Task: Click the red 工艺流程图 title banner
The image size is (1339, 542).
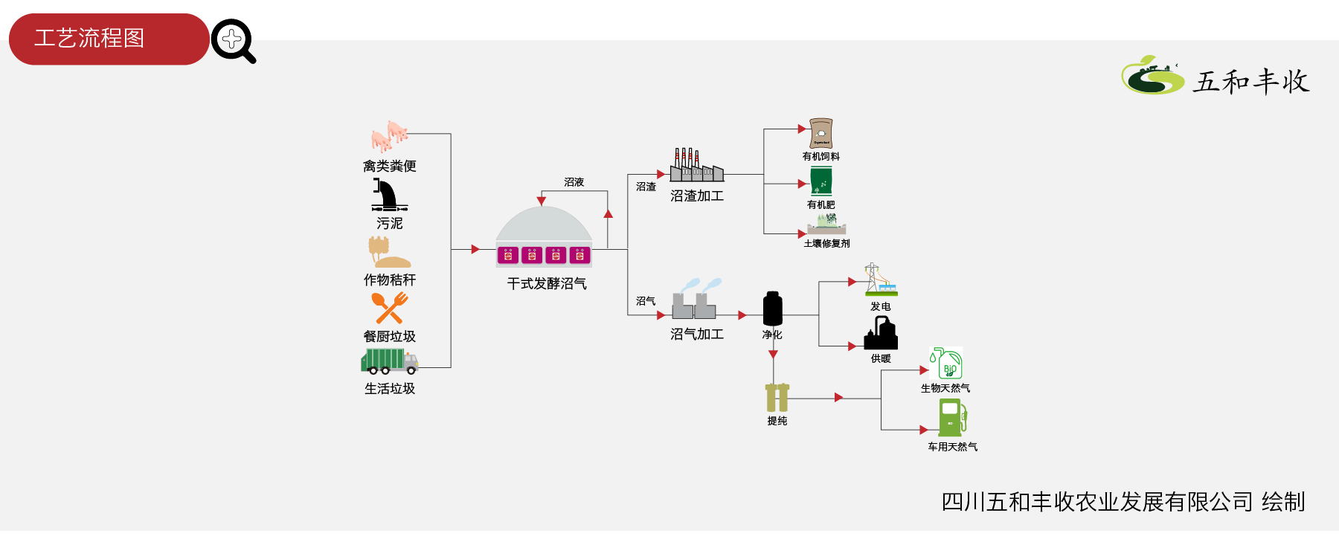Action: coord(109,39)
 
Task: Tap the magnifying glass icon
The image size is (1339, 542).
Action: coord(233,41)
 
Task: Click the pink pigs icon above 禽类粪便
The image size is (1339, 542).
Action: coord(390,136)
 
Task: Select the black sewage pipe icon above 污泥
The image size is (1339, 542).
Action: coord(389,195)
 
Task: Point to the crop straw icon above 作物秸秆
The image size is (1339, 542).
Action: coord(389,252)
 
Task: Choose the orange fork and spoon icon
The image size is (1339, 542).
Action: coord(390,308)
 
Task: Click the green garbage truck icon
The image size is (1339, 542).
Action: coord(390,361)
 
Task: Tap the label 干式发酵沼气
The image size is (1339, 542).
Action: coord(547,283)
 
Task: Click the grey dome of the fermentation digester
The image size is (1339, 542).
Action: coord(544,223)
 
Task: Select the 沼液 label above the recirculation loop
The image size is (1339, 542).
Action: coord(574,182)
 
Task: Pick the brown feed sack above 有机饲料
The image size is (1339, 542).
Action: coord(821,134)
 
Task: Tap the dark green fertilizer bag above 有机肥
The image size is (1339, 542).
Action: coord(821,181)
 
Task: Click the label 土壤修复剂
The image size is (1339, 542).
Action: coord(826,243)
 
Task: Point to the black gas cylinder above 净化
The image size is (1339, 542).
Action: coord(773,309)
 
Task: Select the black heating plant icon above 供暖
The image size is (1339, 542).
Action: coord(881,332)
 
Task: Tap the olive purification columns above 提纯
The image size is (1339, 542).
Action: coord(777,397)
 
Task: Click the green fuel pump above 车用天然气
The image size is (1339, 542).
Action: coord(952,418)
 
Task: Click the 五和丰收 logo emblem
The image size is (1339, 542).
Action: coord(1152,75)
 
